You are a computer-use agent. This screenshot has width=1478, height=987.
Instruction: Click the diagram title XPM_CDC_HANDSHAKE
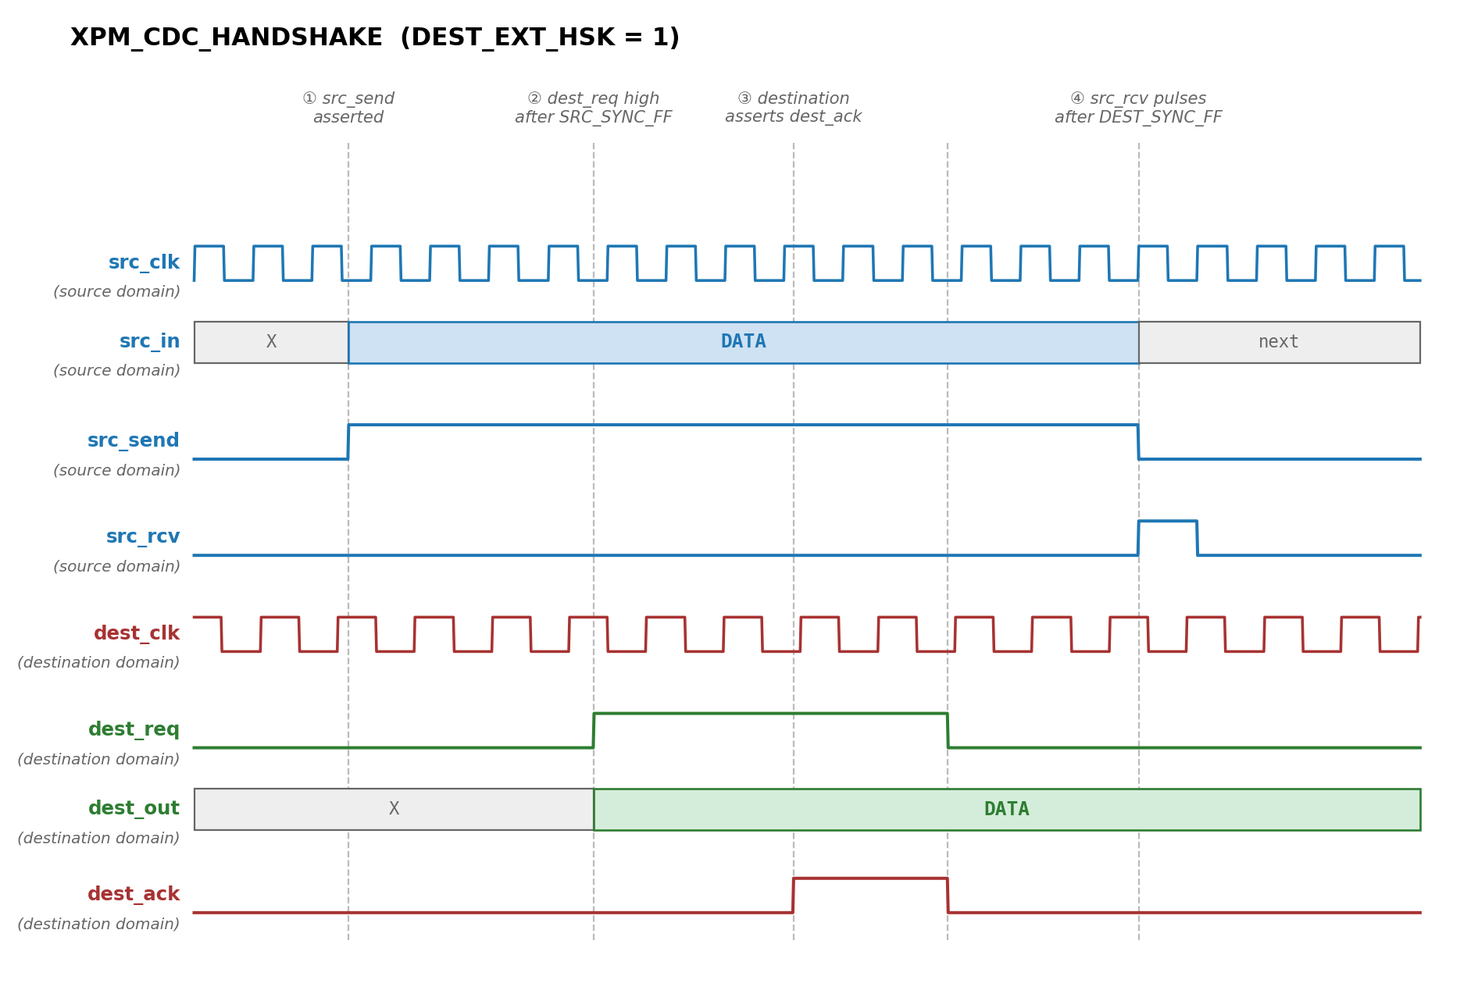click(227, 37)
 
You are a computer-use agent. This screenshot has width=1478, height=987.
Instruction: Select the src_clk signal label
click(144, 262)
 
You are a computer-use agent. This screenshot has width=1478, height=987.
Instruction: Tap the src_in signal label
click(149, 341)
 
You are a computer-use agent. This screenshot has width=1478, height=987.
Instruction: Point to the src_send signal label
click(134, 440)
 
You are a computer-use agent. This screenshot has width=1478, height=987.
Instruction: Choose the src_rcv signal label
click(143, 536)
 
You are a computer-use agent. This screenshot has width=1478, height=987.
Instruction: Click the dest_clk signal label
click(137, 633)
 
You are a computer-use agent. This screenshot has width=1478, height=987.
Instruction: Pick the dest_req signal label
click(134, 729)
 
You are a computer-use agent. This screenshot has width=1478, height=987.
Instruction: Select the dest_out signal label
click(134, 808)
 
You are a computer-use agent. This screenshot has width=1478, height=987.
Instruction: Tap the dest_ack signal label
click(134, 894)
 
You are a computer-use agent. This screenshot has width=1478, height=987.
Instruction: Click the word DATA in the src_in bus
click(743, 342)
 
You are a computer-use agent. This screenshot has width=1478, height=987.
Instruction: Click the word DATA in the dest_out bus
click(1006, 809)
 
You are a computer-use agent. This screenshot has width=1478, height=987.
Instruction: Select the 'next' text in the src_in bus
click(1278, 342)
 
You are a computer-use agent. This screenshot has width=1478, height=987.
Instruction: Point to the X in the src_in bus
click(271, 342)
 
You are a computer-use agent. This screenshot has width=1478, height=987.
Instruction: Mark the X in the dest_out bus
click(394, 809)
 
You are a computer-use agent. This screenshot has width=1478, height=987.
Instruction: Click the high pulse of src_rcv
click(1167, 521)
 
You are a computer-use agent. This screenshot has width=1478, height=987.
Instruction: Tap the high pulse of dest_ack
click(870, 878)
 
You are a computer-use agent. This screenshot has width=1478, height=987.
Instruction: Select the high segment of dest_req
click(770, 714)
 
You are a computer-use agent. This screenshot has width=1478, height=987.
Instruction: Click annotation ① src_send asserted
click(348, 108)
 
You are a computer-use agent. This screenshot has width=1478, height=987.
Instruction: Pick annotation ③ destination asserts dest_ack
click(793, 108)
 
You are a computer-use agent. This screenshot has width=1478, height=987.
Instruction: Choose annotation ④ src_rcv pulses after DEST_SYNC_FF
click(1138, 108)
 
